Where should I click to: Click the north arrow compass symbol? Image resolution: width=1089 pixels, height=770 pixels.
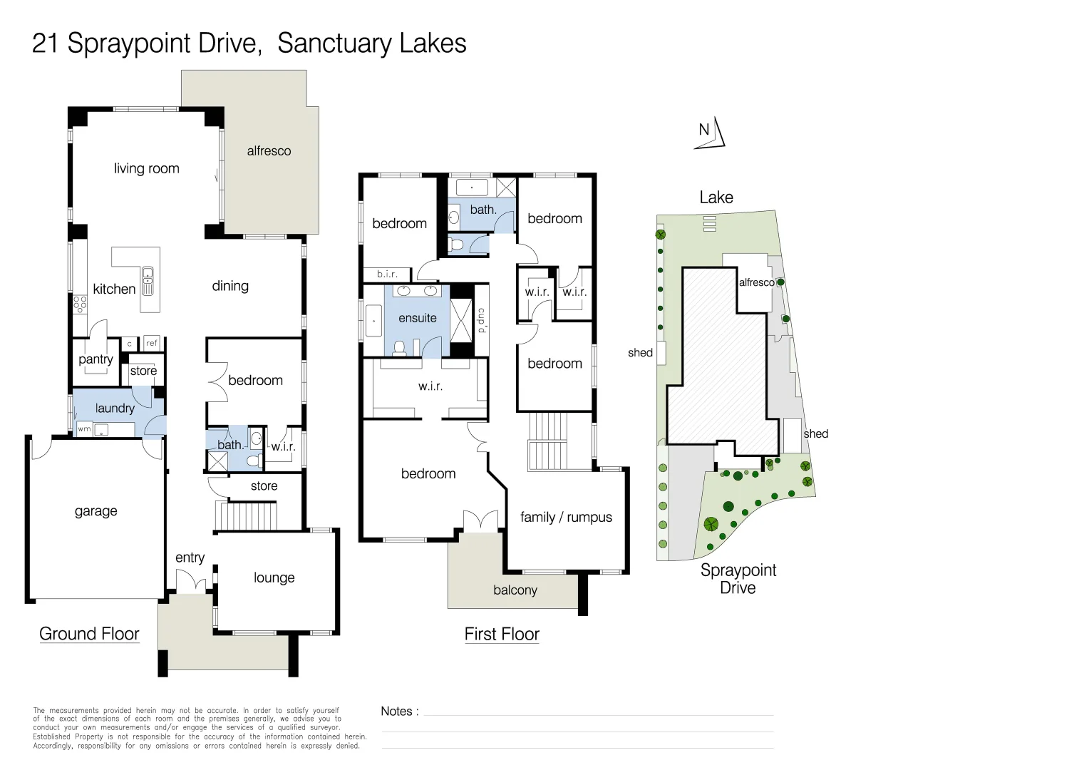tap(710, 133)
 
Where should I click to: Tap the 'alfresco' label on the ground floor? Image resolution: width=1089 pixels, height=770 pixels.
tap(269, 150)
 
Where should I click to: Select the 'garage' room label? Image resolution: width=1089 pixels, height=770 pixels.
tap(96, 510)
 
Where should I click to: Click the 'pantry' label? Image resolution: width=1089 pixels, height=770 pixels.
tap(96, 359)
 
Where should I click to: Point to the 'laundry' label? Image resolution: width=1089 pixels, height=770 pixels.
tap(115, 408)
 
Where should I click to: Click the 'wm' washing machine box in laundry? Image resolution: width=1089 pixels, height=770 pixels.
tap(84, 429)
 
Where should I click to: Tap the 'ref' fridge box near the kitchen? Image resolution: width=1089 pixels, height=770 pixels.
tap(152, 343)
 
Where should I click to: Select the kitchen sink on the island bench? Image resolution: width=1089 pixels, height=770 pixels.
tap(148, 281)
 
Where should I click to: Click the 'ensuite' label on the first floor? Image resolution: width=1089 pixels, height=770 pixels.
tap(418, 318)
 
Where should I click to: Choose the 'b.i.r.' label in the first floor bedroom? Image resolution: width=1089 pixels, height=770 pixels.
tap(387, 274)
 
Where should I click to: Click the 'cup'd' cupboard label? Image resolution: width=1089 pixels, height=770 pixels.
tap(481, 320)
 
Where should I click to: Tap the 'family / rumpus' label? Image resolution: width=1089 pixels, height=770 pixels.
tap(566, 517)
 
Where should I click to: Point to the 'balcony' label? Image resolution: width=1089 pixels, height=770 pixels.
tap(515, 590)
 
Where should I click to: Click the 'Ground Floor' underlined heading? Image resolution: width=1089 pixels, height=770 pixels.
tap(89, 634)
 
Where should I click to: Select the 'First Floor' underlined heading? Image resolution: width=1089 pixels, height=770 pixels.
tap(502, 634)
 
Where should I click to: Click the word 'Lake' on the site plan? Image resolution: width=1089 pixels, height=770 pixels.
tap(716, 197)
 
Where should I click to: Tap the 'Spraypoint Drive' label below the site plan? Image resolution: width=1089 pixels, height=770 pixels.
tap(738, 579)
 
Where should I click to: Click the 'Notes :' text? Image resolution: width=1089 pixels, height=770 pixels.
tap(400, 711)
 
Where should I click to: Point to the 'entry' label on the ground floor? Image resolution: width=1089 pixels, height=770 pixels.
tap(190, 558)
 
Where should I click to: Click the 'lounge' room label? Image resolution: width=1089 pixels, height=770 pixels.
tap(274, 577)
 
